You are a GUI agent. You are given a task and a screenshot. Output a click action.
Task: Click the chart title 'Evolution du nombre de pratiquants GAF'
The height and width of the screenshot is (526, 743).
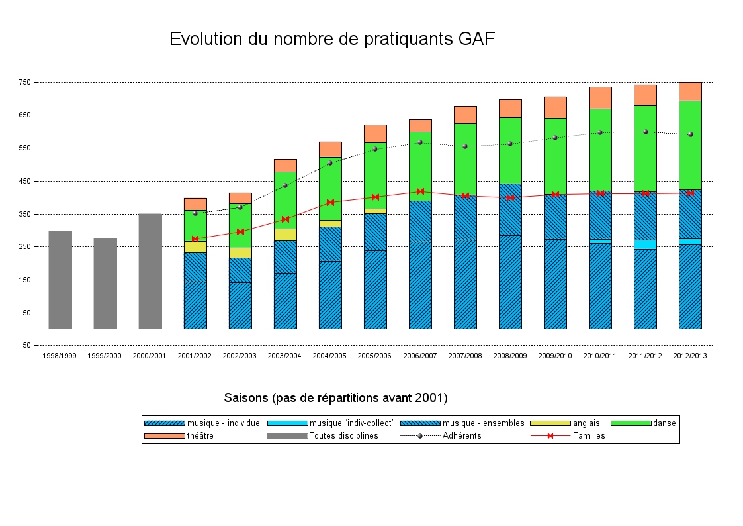pos(331,39)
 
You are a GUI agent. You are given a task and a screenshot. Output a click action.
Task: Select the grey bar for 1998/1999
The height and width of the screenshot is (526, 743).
pos(60,280)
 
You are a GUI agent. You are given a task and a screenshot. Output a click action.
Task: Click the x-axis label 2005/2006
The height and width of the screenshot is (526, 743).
pos(374,356)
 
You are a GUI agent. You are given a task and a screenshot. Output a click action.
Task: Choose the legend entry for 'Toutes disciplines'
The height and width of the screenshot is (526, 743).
pos(343,436)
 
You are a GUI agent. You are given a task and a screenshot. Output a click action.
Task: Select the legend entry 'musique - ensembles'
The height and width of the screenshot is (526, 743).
pos(483,423)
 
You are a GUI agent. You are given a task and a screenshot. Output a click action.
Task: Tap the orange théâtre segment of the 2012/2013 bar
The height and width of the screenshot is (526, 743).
pos(690,91)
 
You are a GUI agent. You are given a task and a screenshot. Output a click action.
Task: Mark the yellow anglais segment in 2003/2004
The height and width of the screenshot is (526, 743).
pos(285,235)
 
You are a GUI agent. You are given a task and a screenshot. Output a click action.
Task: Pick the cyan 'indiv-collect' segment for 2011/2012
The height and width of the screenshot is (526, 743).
pos(645,244)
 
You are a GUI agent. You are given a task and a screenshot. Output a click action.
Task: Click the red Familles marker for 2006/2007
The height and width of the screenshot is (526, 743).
pos(420,191)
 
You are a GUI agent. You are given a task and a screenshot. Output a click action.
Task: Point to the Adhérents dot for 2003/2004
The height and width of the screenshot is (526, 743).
pos(285,185)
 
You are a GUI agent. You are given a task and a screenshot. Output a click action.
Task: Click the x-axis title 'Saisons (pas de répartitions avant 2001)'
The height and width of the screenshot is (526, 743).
pos(335,398)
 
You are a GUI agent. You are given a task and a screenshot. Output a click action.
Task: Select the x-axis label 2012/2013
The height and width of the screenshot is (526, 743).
pos(690,356)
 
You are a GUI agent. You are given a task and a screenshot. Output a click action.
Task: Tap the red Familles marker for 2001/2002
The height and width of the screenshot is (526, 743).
pos(195,238)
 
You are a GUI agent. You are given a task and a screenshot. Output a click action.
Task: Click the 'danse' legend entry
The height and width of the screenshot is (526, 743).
pos(664,423)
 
